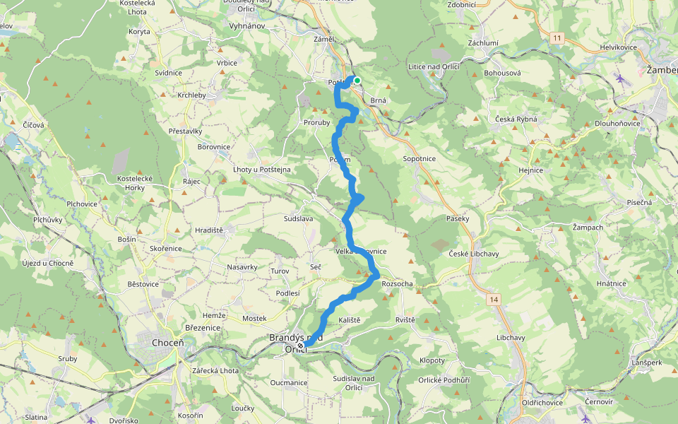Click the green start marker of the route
(x=357, y=81)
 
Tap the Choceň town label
(x=167, y=343)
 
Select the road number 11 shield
(x=558, y=38)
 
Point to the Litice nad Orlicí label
(x=434, y=66)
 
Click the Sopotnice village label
(x=420, y=159)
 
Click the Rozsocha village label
(x=397, y=284)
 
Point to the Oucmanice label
(x=289, y=382)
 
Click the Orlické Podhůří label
(x=444, y=380)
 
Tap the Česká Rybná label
(x=516, y=119)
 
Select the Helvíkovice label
(x=619, y=47)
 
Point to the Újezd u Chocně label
(x=48, y=264)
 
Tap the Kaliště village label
(x=350, y=320)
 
